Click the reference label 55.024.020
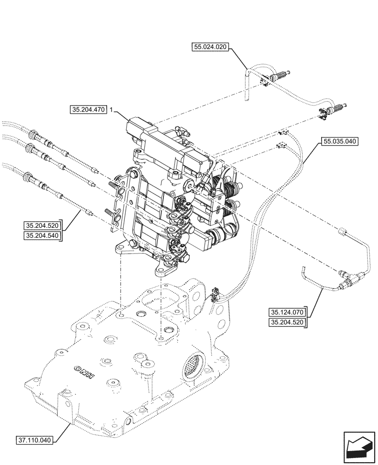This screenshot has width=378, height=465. click(x=211, y=46)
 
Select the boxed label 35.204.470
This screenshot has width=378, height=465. click(x=88, y=110)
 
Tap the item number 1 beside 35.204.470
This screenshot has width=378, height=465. click(x=111, y=110)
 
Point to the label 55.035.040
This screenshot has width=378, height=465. click(x=339, y=141)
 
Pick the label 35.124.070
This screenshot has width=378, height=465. click(x=286, y=312)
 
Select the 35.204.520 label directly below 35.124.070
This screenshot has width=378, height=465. click(x=286, y=322)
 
